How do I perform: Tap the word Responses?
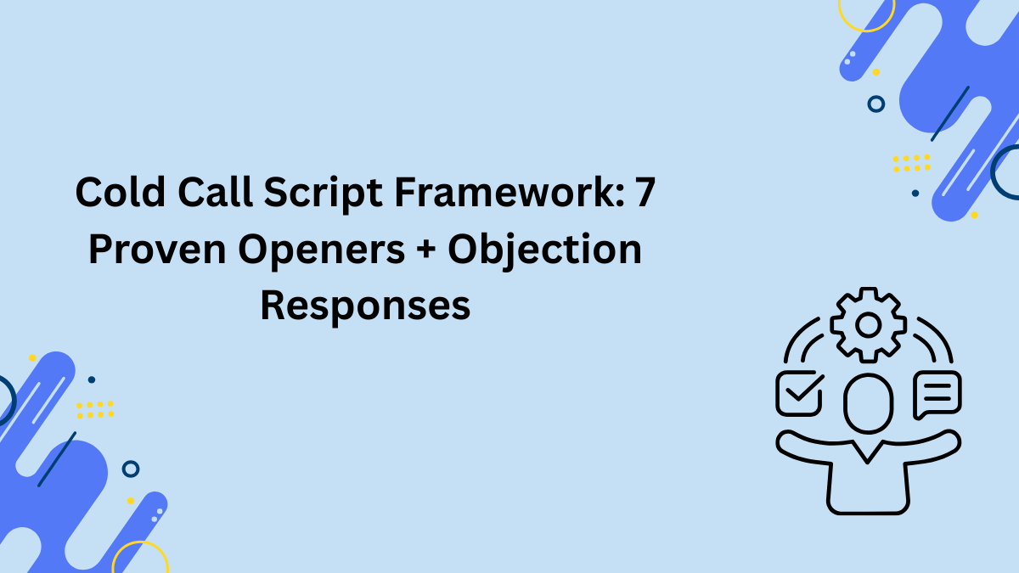(x=365, y=306)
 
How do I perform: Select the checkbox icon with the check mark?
(x=799, y=393)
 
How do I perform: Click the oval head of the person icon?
(x=868, y=403)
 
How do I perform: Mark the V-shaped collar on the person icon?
(x=867, y=451)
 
